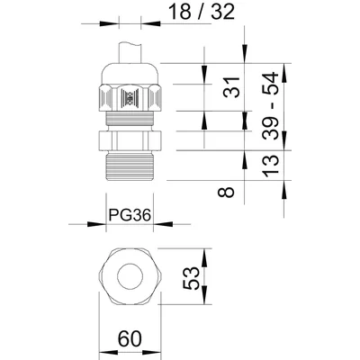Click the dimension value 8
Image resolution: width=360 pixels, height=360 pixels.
point(229,191)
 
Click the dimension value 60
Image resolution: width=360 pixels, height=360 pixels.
point(128,341)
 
